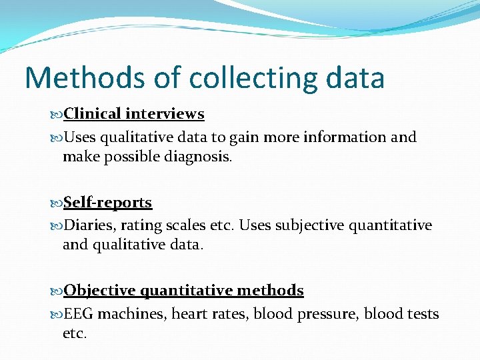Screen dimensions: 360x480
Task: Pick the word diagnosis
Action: point(198,157)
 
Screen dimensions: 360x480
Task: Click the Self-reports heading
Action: point(107,203)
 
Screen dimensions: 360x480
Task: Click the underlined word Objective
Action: point(99,291)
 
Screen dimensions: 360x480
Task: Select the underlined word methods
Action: point(270,291)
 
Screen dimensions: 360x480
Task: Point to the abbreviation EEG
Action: point(78,314)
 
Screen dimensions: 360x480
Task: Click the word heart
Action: point(189,314)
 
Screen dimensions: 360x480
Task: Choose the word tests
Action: point(419,314)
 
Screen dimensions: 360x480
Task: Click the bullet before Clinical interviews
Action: point(57,115)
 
